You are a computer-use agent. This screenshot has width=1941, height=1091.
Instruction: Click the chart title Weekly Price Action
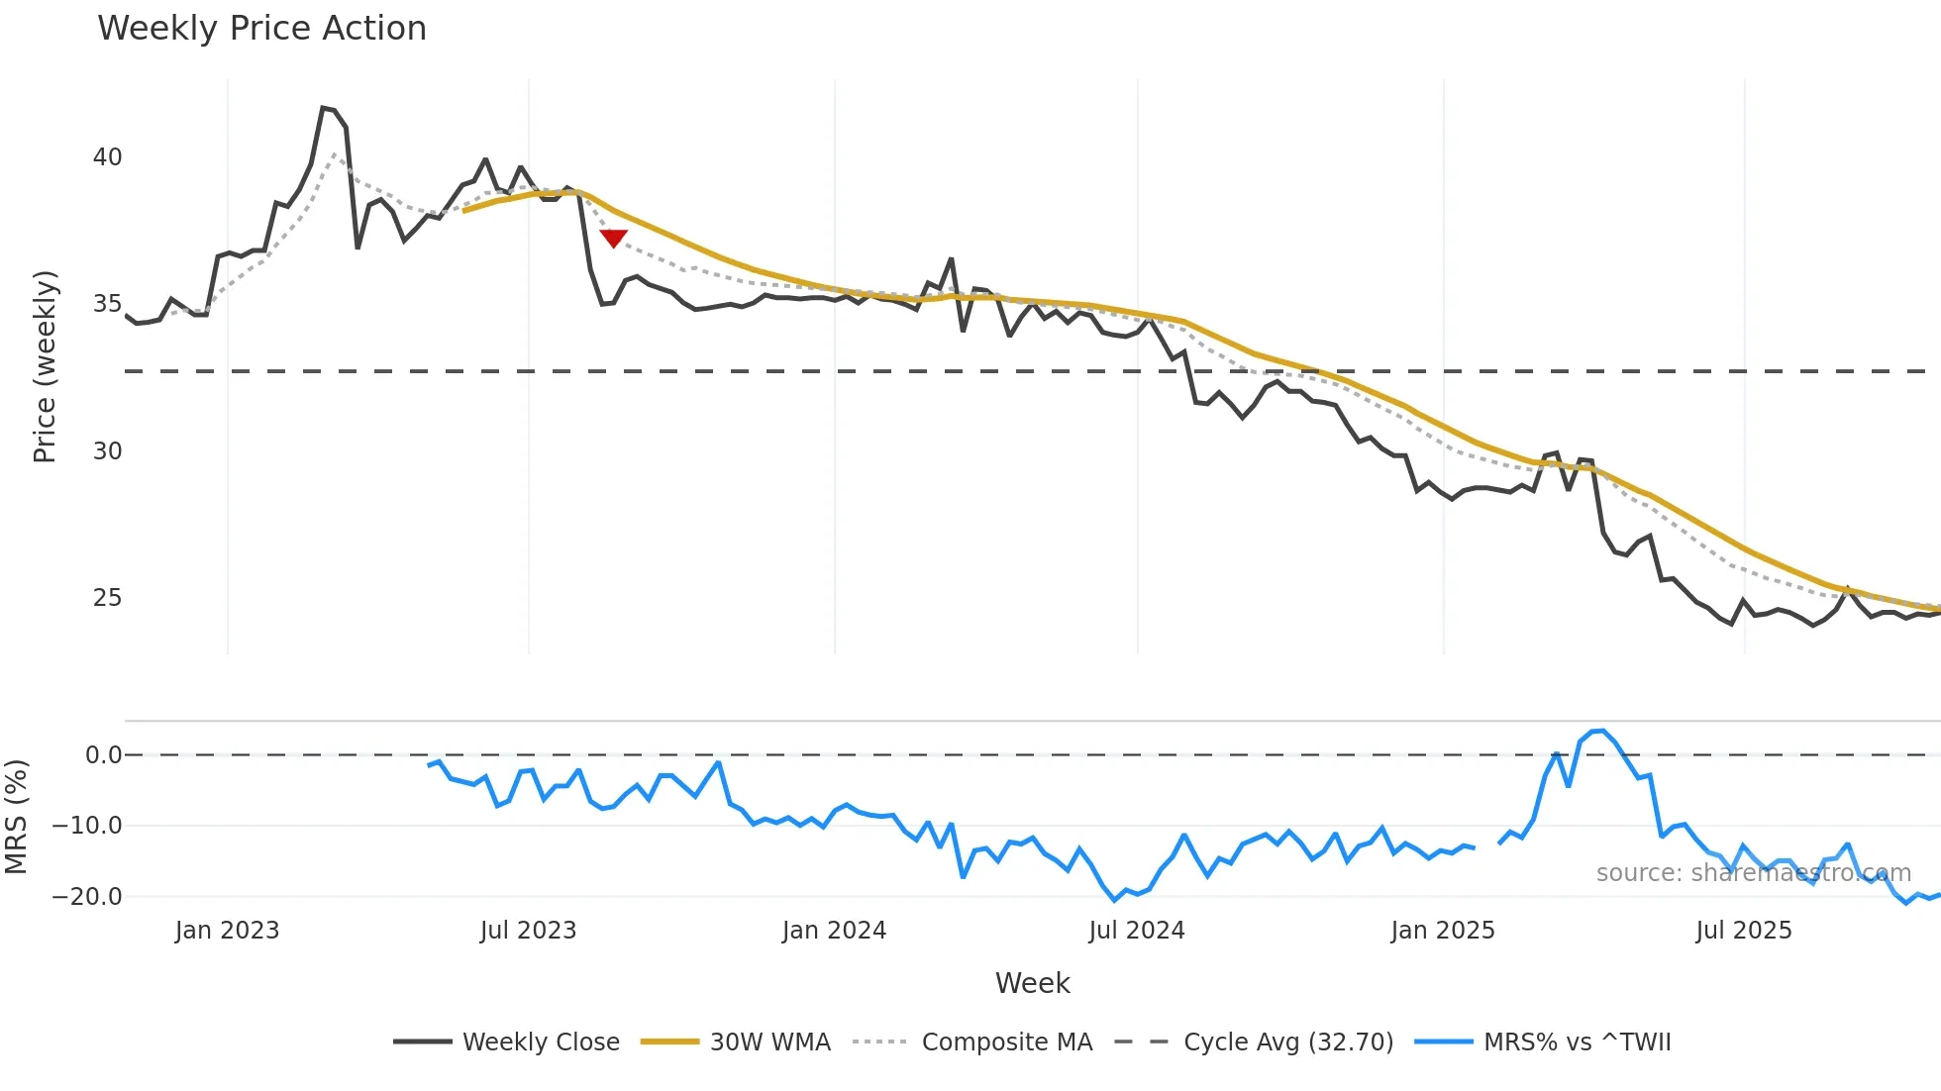tap(261, 29)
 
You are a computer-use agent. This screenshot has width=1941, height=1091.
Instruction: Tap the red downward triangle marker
tap(614, 238)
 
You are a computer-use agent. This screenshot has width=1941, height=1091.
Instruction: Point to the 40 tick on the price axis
tap(107, 157)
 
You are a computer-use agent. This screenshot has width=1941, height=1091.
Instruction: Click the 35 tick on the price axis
tap(107, 304)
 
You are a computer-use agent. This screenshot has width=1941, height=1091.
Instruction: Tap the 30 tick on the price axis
tap(107, 451)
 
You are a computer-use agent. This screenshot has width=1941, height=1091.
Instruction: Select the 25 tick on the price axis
tap(107, 598)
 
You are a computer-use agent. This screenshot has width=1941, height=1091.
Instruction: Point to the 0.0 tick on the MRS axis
tap(103, 755)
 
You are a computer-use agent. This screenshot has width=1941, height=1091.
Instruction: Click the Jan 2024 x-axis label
tap(834, 931)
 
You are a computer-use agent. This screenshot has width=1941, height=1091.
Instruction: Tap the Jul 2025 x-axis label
tap(1744, 931)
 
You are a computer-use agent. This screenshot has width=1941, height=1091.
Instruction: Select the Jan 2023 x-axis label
tap(227, 931)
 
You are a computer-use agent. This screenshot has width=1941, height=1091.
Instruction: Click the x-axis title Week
tap(1032, 983)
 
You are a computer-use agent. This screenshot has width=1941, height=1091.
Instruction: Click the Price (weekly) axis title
tap(46, 366)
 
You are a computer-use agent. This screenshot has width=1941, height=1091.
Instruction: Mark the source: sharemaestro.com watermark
tap(1753, 873)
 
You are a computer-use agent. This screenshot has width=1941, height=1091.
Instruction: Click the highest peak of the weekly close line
tap(323, 107)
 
